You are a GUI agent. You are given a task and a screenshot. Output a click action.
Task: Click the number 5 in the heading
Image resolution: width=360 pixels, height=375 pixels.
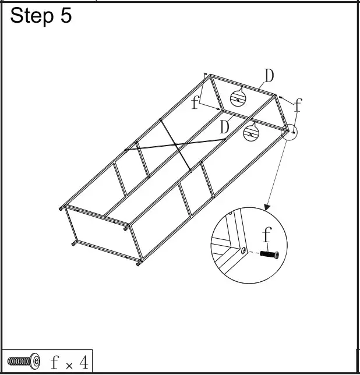coord(65,16)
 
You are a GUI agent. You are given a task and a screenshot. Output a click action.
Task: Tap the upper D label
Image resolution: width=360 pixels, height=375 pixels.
coord(269,76)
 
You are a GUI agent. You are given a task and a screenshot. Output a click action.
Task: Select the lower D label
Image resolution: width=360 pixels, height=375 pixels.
coord(225,127)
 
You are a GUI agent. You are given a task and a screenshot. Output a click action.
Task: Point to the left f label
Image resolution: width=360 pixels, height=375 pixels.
coord(195,102)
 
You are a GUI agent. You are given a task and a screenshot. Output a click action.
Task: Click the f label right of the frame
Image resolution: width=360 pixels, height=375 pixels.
coord(298,105)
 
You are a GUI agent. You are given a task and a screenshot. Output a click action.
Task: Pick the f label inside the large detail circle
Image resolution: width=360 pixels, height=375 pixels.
coord(267,235)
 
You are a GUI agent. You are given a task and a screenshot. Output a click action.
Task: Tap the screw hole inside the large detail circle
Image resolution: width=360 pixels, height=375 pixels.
coord(242,251)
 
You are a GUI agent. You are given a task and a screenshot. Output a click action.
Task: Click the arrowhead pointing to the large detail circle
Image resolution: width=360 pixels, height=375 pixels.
coord(267,206)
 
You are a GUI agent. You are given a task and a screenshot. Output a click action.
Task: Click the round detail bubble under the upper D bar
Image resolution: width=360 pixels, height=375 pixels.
coord(238,98)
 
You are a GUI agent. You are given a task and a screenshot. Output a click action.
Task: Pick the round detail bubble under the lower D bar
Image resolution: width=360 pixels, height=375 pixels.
coord(252,132)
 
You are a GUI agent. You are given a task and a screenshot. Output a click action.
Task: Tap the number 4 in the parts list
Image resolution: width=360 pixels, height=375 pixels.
coord(83,362)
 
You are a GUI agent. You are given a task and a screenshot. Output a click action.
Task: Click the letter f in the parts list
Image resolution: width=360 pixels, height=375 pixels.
coord(54,362)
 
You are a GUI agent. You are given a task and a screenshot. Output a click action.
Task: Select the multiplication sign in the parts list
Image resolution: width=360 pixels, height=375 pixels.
coord(69,365)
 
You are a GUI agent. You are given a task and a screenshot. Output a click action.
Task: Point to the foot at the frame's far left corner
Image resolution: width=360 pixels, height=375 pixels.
coord(61,207)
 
